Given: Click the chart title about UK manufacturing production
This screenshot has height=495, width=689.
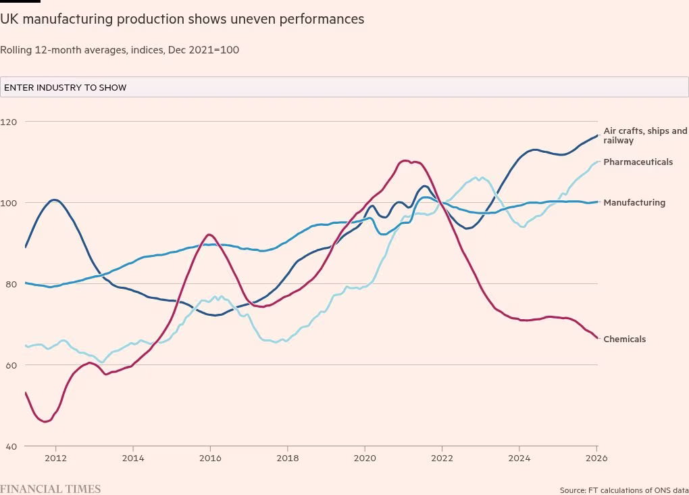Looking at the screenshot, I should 182,19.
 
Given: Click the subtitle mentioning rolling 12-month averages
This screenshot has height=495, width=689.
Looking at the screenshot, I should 120,50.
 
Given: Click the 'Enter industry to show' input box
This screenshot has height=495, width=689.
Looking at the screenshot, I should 344,87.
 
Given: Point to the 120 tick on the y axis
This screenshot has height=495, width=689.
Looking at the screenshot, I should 9,122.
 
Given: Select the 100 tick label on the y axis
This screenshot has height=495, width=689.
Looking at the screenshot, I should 9,203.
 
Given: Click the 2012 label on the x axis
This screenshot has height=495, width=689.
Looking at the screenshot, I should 55,458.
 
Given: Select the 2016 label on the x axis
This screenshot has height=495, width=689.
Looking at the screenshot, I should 210,458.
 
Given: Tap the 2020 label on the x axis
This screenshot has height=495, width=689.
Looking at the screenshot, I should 365,458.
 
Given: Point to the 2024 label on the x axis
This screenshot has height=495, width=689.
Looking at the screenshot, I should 519,458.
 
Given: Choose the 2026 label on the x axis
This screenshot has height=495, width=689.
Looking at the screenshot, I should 596,458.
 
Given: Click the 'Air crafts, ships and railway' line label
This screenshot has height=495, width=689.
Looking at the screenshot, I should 645,136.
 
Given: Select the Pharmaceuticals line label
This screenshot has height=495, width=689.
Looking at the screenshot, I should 638,162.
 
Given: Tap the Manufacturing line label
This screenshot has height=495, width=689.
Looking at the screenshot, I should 634,203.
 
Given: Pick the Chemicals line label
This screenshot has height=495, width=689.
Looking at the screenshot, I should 624,339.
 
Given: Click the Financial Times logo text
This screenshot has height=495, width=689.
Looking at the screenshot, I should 51,489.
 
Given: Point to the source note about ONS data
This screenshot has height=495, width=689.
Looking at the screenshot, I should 623,490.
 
